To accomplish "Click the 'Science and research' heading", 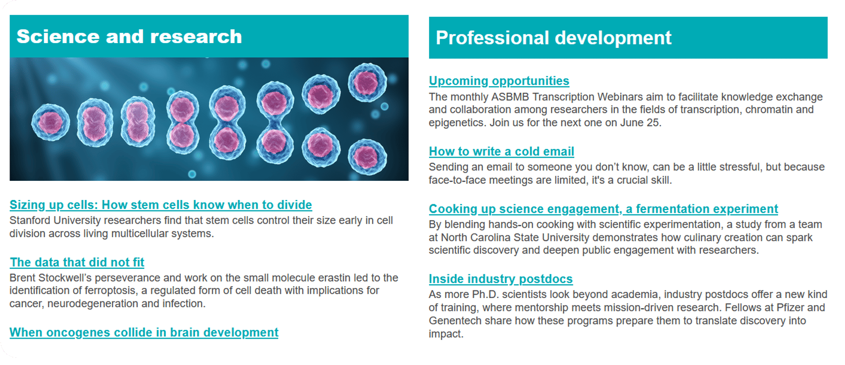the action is click(129, 37).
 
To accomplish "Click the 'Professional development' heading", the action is click(553, 38).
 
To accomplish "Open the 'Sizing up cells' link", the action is click(161, 205).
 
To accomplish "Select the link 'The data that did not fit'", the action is click(77, 262).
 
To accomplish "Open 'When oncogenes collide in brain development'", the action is click(144, 332).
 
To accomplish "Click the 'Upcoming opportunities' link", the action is click(499, 81).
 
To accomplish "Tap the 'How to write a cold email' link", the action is click(501, 151).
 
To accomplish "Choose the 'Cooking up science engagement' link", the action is click(604, 209).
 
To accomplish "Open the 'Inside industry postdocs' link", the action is click(501, 279).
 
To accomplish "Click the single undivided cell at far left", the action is click(50, 122).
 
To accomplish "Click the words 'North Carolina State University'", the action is click(516, 238).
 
